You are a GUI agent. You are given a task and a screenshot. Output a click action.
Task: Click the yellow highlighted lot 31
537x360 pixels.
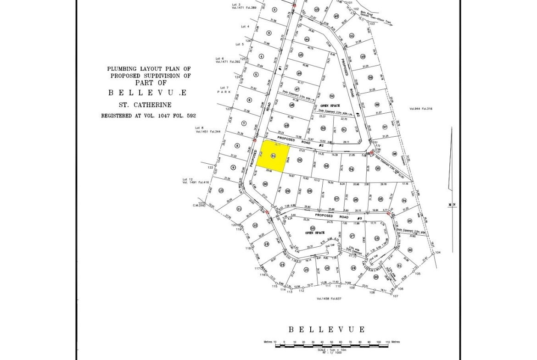pyautogui.click(x=273, y=156)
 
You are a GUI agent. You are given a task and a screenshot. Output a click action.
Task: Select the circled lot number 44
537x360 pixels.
pyautogui.click(x=307, y=39)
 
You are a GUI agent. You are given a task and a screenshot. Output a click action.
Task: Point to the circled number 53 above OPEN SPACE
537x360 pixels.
pyautogui.click(x=313, y=228)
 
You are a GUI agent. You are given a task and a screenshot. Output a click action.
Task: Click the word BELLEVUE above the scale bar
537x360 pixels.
pyautogui.click(x=326, y=329)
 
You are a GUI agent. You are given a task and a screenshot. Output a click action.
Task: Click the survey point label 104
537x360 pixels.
pyautogui.click(x=438, y=253)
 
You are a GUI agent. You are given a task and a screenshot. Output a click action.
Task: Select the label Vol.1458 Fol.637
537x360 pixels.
pyautogui.click(x=330, y=299)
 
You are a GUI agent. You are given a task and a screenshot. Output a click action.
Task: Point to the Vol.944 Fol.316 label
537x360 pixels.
pyautogui.click(x=421, y=109)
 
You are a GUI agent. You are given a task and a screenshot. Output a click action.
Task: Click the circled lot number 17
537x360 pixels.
pyautogui.click(x=352, y=236)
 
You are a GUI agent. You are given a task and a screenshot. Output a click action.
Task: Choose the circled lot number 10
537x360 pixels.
pyautogui.click(x=221, y=191)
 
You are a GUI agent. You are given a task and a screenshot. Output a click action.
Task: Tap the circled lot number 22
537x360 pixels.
pyautogui.click(x=410, y=250)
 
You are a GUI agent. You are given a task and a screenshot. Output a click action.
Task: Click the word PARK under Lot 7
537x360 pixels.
pyautogui.click(x=224, y=92)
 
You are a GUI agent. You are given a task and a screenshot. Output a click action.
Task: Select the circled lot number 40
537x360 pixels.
pyautogui.click(x=363, y=56)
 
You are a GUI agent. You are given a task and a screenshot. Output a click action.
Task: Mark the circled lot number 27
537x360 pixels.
pyautogui.click(x=336, y=199)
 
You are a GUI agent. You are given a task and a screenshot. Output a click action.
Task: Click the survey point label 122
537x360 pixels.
pyautogui.click(x=210, y=168)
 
